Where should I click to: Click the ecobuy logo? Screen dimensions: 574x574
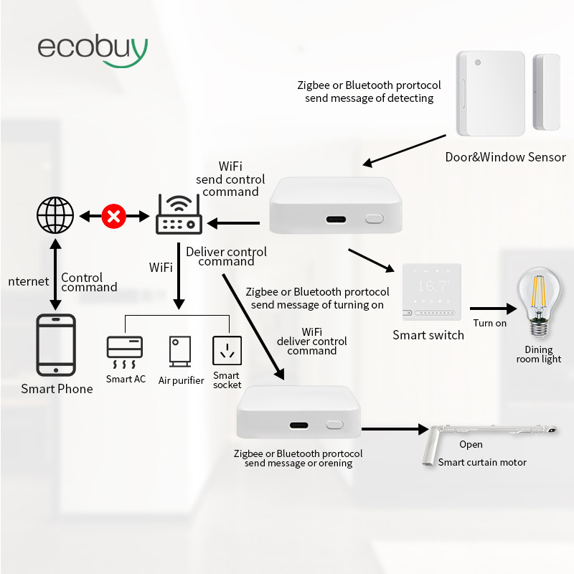pyautogui.click(x=93, y=48)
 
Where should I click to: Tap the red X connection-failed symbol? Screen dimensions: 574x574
pyautogui.click(x=113, y=215)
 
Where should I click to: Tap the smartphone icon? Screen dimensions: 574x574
pyautogui.click(x=55, y=345)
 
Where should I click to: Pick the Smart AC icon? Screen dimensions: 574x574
pyautogui.click(x=125, y=352)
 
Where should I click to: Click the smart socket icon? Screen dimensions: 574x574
pyautogui.click(x=227, y=351)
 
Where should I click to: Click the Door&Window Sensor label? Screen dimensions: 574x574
pyautogui.click(x=505, y=157)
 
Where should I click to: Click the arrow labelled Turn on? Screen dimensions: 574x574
pyautogui.click(x=494, y=309)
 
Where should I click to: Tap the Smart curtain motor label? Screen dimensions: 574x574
pyautogui.click(x=482, y=462)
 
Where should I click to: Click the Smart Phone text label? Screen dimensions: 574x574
pyautogui.click(x=57, y=389)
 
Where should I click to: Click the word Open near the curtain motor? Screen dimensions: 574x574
pyautogui.click(x=471, y=445)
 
